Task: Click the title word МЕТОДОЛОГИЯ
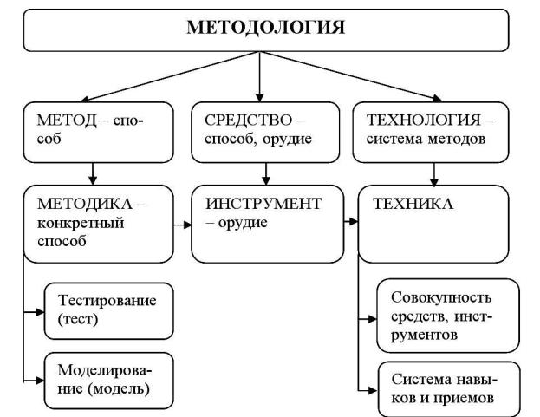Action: point(265,28)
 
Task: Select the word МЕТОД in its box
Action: point(67,121)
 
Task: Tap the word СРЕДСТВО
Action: point(248,121)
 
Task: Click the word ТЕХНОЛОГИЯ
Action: point(424,121)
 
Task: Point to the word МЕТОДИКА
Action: point(85,205)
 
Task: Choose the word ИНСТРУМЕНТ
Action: point(263,204)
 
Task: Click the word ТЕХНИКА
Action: point(413,204)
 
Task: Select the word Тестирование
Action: point(107,301)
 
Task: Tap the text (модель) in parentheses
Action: point(119,389)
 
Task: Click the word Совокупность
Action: point(441,297)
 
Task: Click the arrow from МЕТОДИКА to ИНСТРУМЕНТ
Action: point(183,225)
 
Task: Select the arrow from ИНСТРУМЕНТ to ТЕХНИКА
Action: point(351,221)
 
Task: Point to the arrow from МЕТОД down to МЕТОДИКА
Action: point(93,174)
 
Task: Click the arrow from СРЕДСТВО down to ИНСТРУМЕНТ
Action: point(266,174)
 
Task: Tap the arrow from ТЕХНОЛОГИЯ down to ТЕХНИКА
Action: point(434,174)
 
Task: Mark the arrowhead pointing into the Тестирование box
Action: point(40,312)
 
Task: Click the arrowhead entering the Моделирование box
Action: point(40,381)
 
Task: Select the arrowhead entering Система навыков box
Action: point(373,391)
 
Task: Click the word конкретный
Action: point(81,223)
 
